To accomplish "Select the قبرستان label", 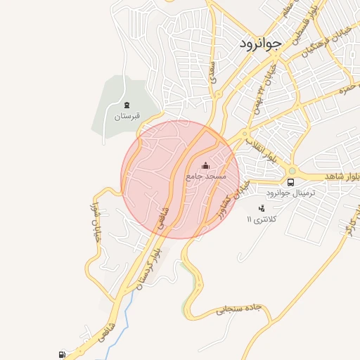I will point(128,117).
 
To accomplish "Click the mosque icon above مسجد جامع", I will point(205,166).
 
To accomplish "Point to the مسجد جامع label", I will point(206,176).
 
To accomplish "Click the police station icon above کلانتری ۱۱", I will point(262,208).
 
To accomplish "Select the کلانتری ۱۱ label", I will point(263,219).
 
